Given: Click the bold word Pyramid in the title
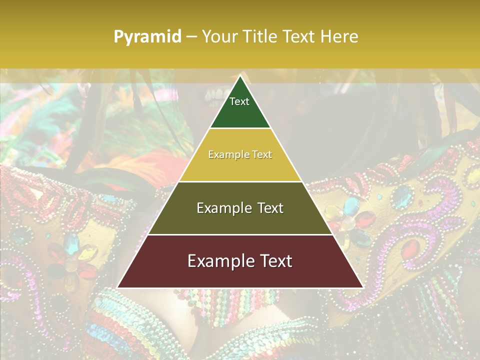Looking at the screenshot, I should pyautogui.click(x=147, y=37).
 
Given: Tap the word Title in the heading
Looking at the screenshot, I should pyautogui.click(x=262, y=37).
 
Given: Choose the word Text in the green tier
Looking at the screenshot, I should pyautogui.click(x=239, y=101).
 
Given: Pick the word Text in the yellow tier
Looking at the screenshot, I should pyautogui.click(x=261, y=154).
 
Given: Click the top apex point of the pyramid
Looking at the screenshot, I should pyautogui.click(x=240, y=75).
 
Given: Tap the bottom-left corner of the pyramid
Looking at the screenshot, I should pyautogui.click(x=118, y=287).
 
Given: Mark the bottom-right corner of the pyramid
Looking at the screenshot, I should pyautogui.click(x=362, y=287).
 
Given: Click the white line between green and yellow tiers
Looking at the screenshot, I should pyautogui.click(x=240, y=128).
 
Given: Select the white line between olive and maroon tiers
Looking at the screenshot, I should pyautogui.click(x=240, y=234).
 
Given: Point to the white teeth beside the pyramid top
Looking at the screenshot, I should pyautogui.click(x=216, y=93).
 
